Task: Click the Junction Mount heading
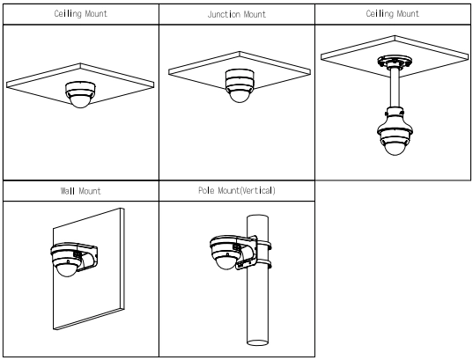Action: [237, 14]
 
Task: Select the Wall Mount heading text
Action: [80, 191]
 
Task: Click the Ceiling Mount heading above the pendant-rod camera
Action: [393, 14]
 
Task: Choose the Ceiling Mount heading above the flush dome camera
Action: [80, 14]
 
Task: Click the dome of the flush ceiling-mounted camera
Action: [80, 101]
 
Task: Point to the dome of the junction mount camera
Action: [240, 96]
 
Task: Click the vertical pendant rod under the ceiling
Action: [395, 87]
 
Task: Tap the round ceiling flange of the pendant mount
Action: [395, 62]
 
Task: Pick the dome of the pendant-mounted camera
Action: [395, 149]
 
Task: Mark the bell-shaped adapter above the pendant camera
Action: [395, 121]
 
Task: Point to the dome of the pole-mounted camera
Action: [225, 261]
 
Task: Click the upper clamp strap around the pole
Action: [263, 244]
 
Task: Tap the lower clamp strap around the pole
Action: [263, 264]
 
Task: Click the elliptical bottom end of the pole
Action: [257, 342]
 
